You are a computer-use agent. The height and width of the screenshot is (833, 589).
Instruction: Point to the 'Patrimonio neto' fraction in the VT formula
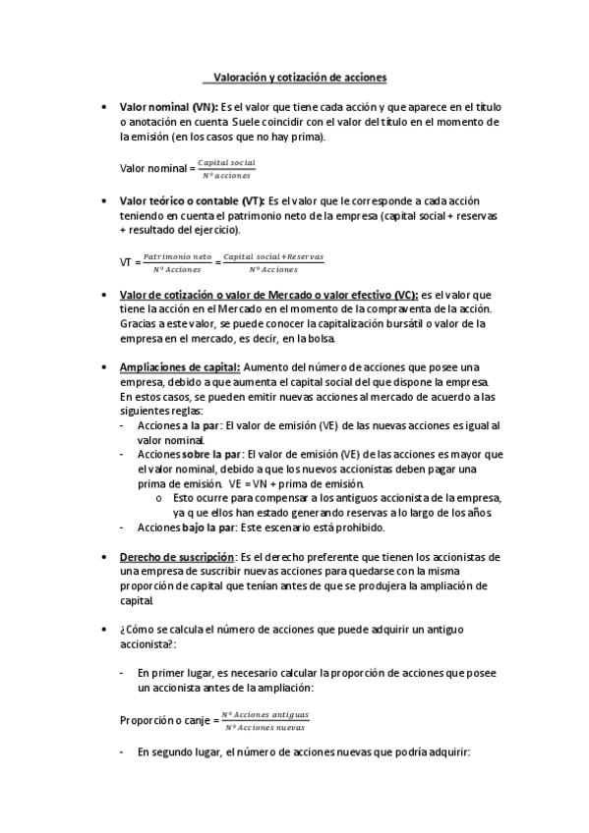178,262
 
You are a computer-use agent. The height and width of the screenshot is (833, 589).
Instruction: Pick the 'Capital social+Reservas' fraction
273,262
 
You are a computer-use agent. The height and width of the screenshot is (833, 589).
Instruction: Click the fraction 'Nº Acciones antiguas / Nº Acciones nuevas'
265,720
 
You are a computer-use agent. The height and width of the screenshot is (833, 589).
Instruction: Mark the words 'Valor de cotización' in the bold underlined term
166,295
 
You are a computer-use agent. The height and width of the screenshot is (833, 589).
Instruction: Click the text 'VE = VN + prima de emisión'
296,483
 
